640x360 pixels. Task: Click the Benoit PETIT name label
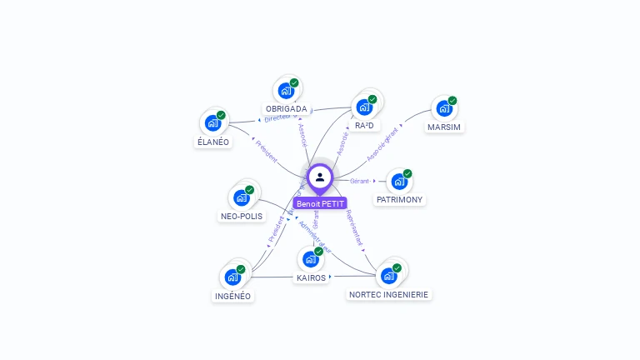pyautogui.click(x=320, y=203)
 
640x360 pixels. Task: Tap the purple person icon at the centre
pyautogui.click(x=320, y=177)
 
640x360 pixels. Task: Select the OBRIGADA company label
pyautogui.click(x=286, y=109)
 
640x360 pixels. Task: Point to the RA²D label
pyautogui.click(x=363, y=126)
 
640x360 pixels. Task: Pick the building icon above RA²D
pyautogui.click(x=363, y=107)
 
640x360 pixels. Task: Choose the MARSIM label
pyautogui.click(x=444, y=127)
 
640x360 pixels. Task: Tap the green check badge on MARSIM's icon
pyautogui.click(x=452, y=101)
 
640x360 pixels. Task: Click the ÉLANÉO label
pyautogui.click(x=212, y=142)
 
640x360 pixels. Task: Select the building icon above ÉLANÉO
pyautogui.click(x=212, y=123)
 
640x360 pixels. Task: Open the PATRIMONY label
pyautogui.click(x=399, y=200)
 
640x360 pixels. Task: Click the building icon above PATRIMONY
pyautogui.click(x=399, y=181)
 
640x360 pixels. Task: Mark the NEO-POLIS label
pyautogui.click(x=241, y=216)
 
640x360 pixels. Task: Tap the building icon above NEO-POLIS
pyautogui.click(x=241, y=197)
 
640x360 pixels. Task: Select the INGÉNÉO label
pyautogui.click(x=232, y=296)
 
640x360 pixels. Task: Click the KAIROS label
pyautogui.click(x=311, y=277)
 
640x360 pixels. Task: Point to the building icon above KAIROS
pyautogui.click(x=311, y=259)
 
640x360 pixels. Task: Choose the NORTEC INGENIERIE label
pyautogui.click(x=389, y=294)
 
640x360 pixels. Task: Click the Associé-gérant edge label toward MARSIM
pyautogui.click(x=383, y=143)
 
